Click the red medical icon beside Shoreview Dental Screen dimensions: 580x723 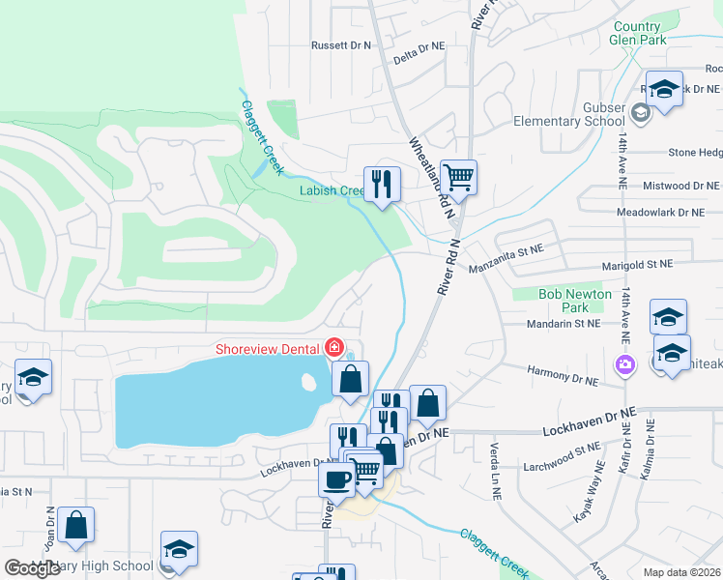[x=334, y=346]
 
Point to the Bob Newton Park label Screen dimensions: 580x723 [x=575, y=301]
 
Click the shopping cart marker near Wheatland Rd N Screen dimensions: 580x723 [x=458, y=177]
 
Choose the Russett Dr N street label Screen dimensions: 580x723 [x=341, y=45]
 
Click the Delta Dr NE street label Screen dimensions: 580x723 [x=419, y=45]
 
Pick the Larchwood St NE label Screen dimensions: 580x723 [x=574, y=449]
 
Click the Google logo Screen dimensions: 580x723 [x=32, y=568]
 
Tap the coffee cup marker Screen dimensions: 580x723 [x=336, y=478]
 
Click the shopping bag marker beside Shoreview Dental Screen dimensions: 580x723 [x=350, y=378]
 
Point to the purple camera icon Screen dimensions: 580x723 [x=624, y=364]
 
